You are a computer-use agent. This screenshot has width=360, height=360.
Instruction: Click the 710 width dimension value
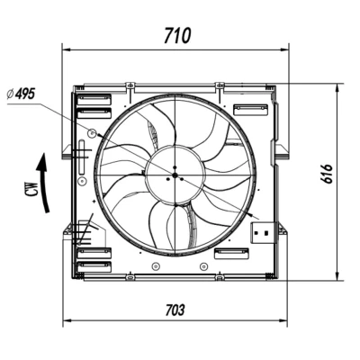pyautogui.click(x=177, y=35)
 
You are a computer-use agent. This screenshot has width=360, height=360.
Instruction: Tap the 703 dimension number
pyautogui.click(x=175, y=310)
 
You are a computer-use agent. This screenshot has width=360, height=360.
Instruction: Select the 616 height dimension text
pyautogui.click(x=327, y=174)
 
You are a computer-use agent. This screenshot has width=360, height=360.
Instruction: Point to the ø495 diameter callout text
pyautogui.click(x=21, y=94)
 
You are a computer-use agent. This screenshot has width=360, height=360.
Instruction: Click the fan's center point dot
pyautogui.click(x=175, y=175)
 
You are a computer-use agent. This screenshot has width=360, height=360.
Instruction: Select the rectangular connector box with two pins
pyautogui.click(x=263, y=232)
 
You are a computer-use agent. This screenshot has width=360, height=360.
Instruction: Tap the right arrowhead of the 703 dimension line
pyautogui.click(x=283, y=321)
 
